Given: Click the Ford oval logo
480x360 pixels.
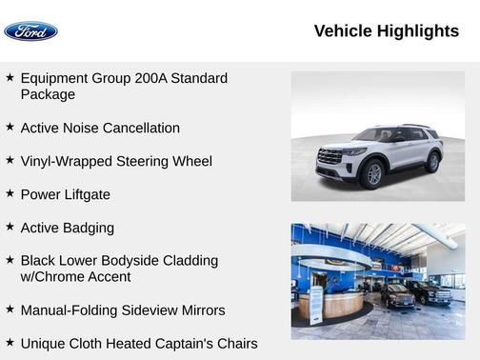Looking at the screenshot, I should pos(31,31).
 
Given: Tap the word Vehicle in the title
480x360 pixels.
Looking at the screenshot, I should pos(343,31).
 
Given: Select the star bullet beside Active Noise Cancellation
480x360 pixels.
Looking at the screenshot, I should pos(10,127).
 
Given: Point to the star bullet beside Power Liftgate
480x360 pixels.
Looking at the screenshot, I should pos(10,193).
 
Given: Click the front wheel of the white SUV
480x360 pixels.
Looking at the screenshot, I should pos(372,173).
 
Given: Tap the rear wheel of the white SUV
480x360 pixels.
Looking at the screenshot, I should pos(432,161).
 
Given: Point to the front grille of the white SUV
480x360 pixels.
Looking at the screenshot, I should pos(330,156).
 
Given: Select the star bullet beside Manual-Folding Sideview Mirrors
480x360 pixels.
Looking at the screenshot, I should pos(10,310).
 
